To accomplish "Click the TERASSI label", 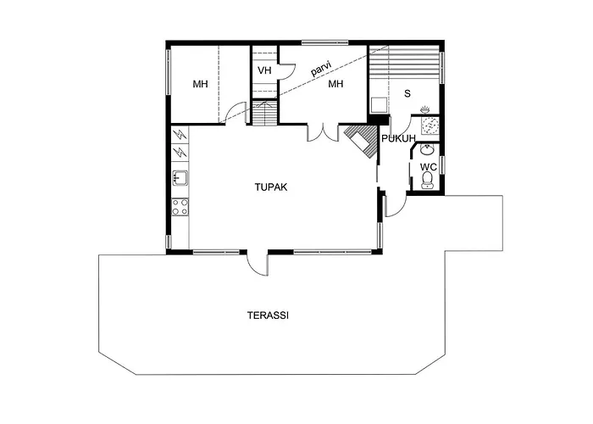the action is [x=269, y=315].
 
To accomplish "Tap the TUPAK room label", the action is [x=271, y=187].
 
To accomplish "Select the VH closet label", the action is [x=264, y=70].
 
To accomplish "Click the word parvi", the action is [x=321, y=69].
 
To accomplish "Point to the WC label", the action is [x=428, y=167].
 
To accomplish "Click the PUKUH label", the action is [x=399, y=138].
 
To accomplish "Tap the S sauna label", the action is [x=407, y=93].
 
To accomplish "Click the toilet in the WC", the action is [x=427, y=180].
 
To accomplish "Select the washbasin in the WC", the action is [x=427, y=149].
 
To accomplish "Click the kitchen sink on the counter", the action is [x=180, y=178].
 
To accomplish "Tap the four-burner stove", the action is [x=180, y=207].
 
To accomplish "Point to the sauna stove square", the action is [x=379, y=105].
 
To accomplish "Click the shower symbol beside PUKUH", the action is [x=430, y=125].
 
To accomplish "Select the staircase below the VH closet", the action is [x=264, y=113].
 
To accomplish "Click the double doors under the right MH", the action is [x=323, y=132].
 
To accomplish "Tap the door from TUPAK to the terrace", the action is [x=258, y=262].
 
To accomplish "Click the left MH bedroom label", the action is [x=200, y=84].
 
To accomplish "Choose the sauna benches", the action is [x=404, y=64].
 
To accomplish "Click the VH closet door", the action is [x=286, y=71].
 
